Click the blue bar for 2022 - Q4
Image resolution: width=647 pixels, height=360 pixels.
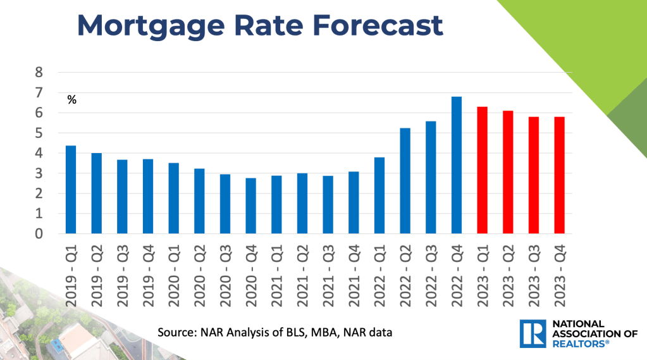point(457,166)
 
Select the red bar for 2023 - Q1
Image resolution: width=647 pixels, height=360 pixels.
point(483,171)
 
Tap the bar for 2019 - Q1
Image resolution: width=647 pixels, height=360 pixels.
point(71,190)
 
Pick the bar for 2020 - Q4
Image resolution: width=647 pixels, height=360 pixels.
point(251,206)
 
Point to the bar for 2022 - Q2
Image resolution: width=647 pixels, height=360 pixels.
point(405,181)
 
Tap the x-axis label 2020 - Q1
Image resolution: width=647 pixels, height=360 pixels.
point(174,273)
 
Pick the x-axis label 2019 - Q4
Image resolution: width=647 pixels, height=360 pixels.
point(148,273)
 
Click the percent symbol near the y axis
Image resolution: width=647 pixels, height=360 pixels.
point(71,99)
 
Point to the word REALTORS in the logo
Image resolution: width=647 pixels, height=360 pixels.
point(574,344)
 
